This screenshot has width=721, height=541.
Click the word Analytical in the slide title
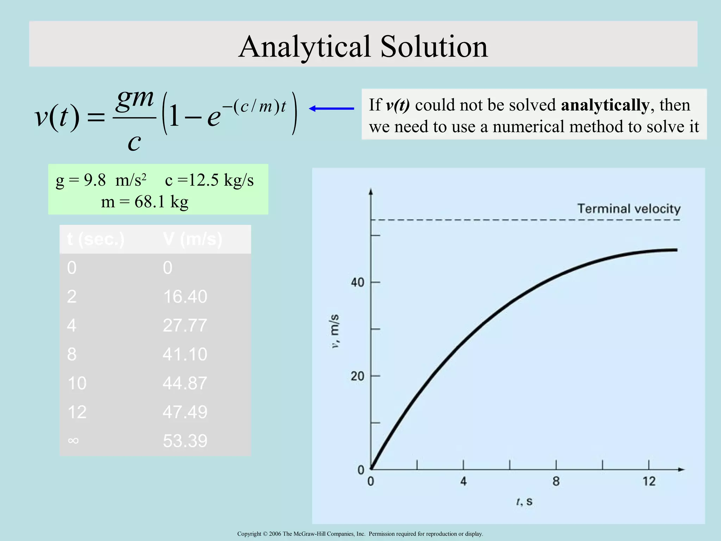click(305, 47)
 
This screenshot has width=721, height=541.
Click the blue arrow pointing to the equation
click(331, 109)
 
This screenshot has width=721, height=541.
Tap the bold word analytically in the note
click(605, 105)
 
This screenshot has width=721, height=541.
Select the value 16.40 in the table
click(185, 297)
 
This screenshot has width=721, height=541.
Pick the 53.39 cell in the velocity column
click(185, 441)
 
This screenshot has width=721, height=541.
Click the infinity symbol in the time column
click(73, 441)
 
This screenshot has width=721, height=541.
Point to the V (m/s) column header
click(193, 240)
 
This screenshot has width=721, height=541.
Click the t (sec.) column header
click(96, 240)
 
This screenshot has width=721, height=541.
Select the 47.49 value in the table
click(185, 412)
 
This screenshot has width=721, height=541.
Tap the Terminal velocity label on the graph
click(629, 209)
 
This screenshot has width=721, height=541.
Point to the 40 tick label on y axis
click(357, 282)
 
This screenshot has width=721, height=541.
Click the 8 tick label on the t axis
click(556, 481)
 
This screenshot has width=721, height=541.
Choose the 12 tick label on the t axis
click(649, 481)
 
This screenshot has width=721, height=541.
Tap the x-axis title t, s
click(524, 502)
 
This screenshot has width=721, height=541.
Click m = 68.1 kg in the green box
click(145, 202)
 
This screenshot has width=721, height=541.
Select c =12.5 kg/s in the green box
click(209, 180)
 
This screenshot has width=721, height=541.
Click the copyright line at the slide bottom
click(360, 534)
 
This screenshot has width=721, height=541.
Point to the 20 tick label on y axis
click(357, 377)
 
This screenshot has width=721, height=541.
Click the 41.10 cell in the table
click(185, 354)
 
